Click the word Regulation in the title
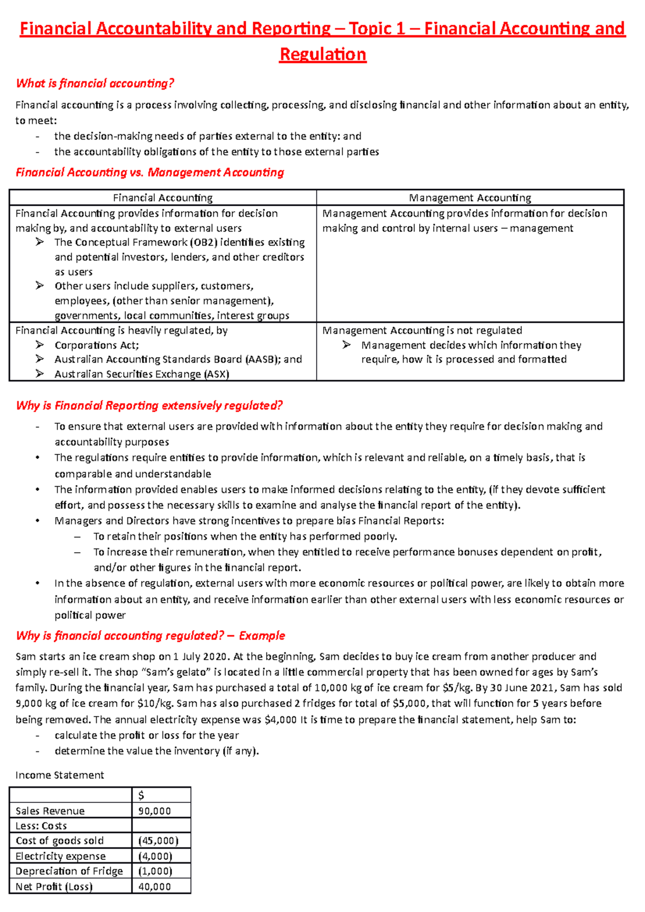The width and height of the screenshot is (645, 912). pos(322,54)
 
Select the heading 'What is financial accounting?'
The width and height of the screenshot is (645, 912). pos(95,83)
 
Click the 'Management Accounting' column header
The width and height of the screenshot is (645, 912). pos(470,198)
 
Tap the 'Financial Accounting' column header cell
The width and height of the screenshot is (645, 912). pos(162,198)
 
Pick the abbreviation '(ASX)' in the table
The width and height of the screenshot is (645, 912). pos(217,374)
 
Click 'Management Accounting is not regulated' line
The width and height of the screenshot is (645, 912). pos(422,330)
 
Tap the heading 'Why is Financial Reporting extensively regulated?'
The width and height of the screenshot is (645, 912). pos(149,406)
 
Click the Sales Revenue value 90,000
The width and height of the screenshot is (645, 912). pos(154,811)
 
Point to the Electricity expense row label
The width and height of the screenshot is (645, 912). pos(61,856)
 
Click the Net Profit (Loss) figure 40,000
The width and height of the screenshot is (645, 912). pos(154,887)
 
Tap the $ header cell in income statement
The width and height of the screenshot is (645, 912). pos(141,795)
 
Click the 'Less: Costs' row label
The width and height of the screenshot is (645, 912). pos(41,826)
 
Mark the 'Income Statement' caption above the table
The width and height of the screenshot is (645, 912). pos(60,775)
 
